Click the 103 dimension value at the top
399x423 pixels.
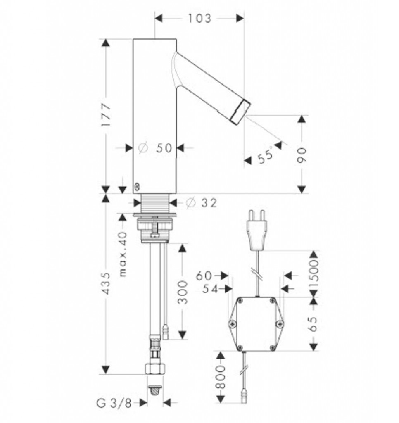tap(199, 18)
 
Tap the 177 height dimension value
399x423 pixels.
tap(106, 114)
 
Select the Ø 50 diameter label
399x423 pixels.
tap(155, 147)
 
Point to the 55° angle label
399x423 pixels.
tap(265, 156)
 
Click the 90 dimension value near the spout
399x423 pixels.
tap(302, 155)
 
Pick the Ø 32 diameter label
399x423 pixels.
tap(201, 202)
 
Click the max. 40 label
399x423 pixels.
tap(123, 254)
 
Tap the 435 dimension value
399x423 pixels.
tap(106, 283)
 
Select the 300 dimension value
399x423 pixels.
tap(183, 292)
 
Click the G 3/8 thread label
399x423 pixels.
tap(114, 404)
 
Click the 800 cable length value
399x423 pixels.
tap(221, 377)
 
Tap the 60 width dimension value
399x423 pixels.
tap(204, 276)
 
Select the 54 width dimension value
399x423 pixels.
tap(210, 289)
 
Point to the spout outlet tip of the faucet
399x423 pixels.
tap(241, 111)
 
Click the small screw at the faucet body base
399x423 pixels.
tap(137, 186)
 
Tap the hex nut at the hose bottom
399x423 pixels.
tap(155, 368)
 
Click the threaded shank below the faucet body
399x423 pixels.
tap(155, 203)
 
